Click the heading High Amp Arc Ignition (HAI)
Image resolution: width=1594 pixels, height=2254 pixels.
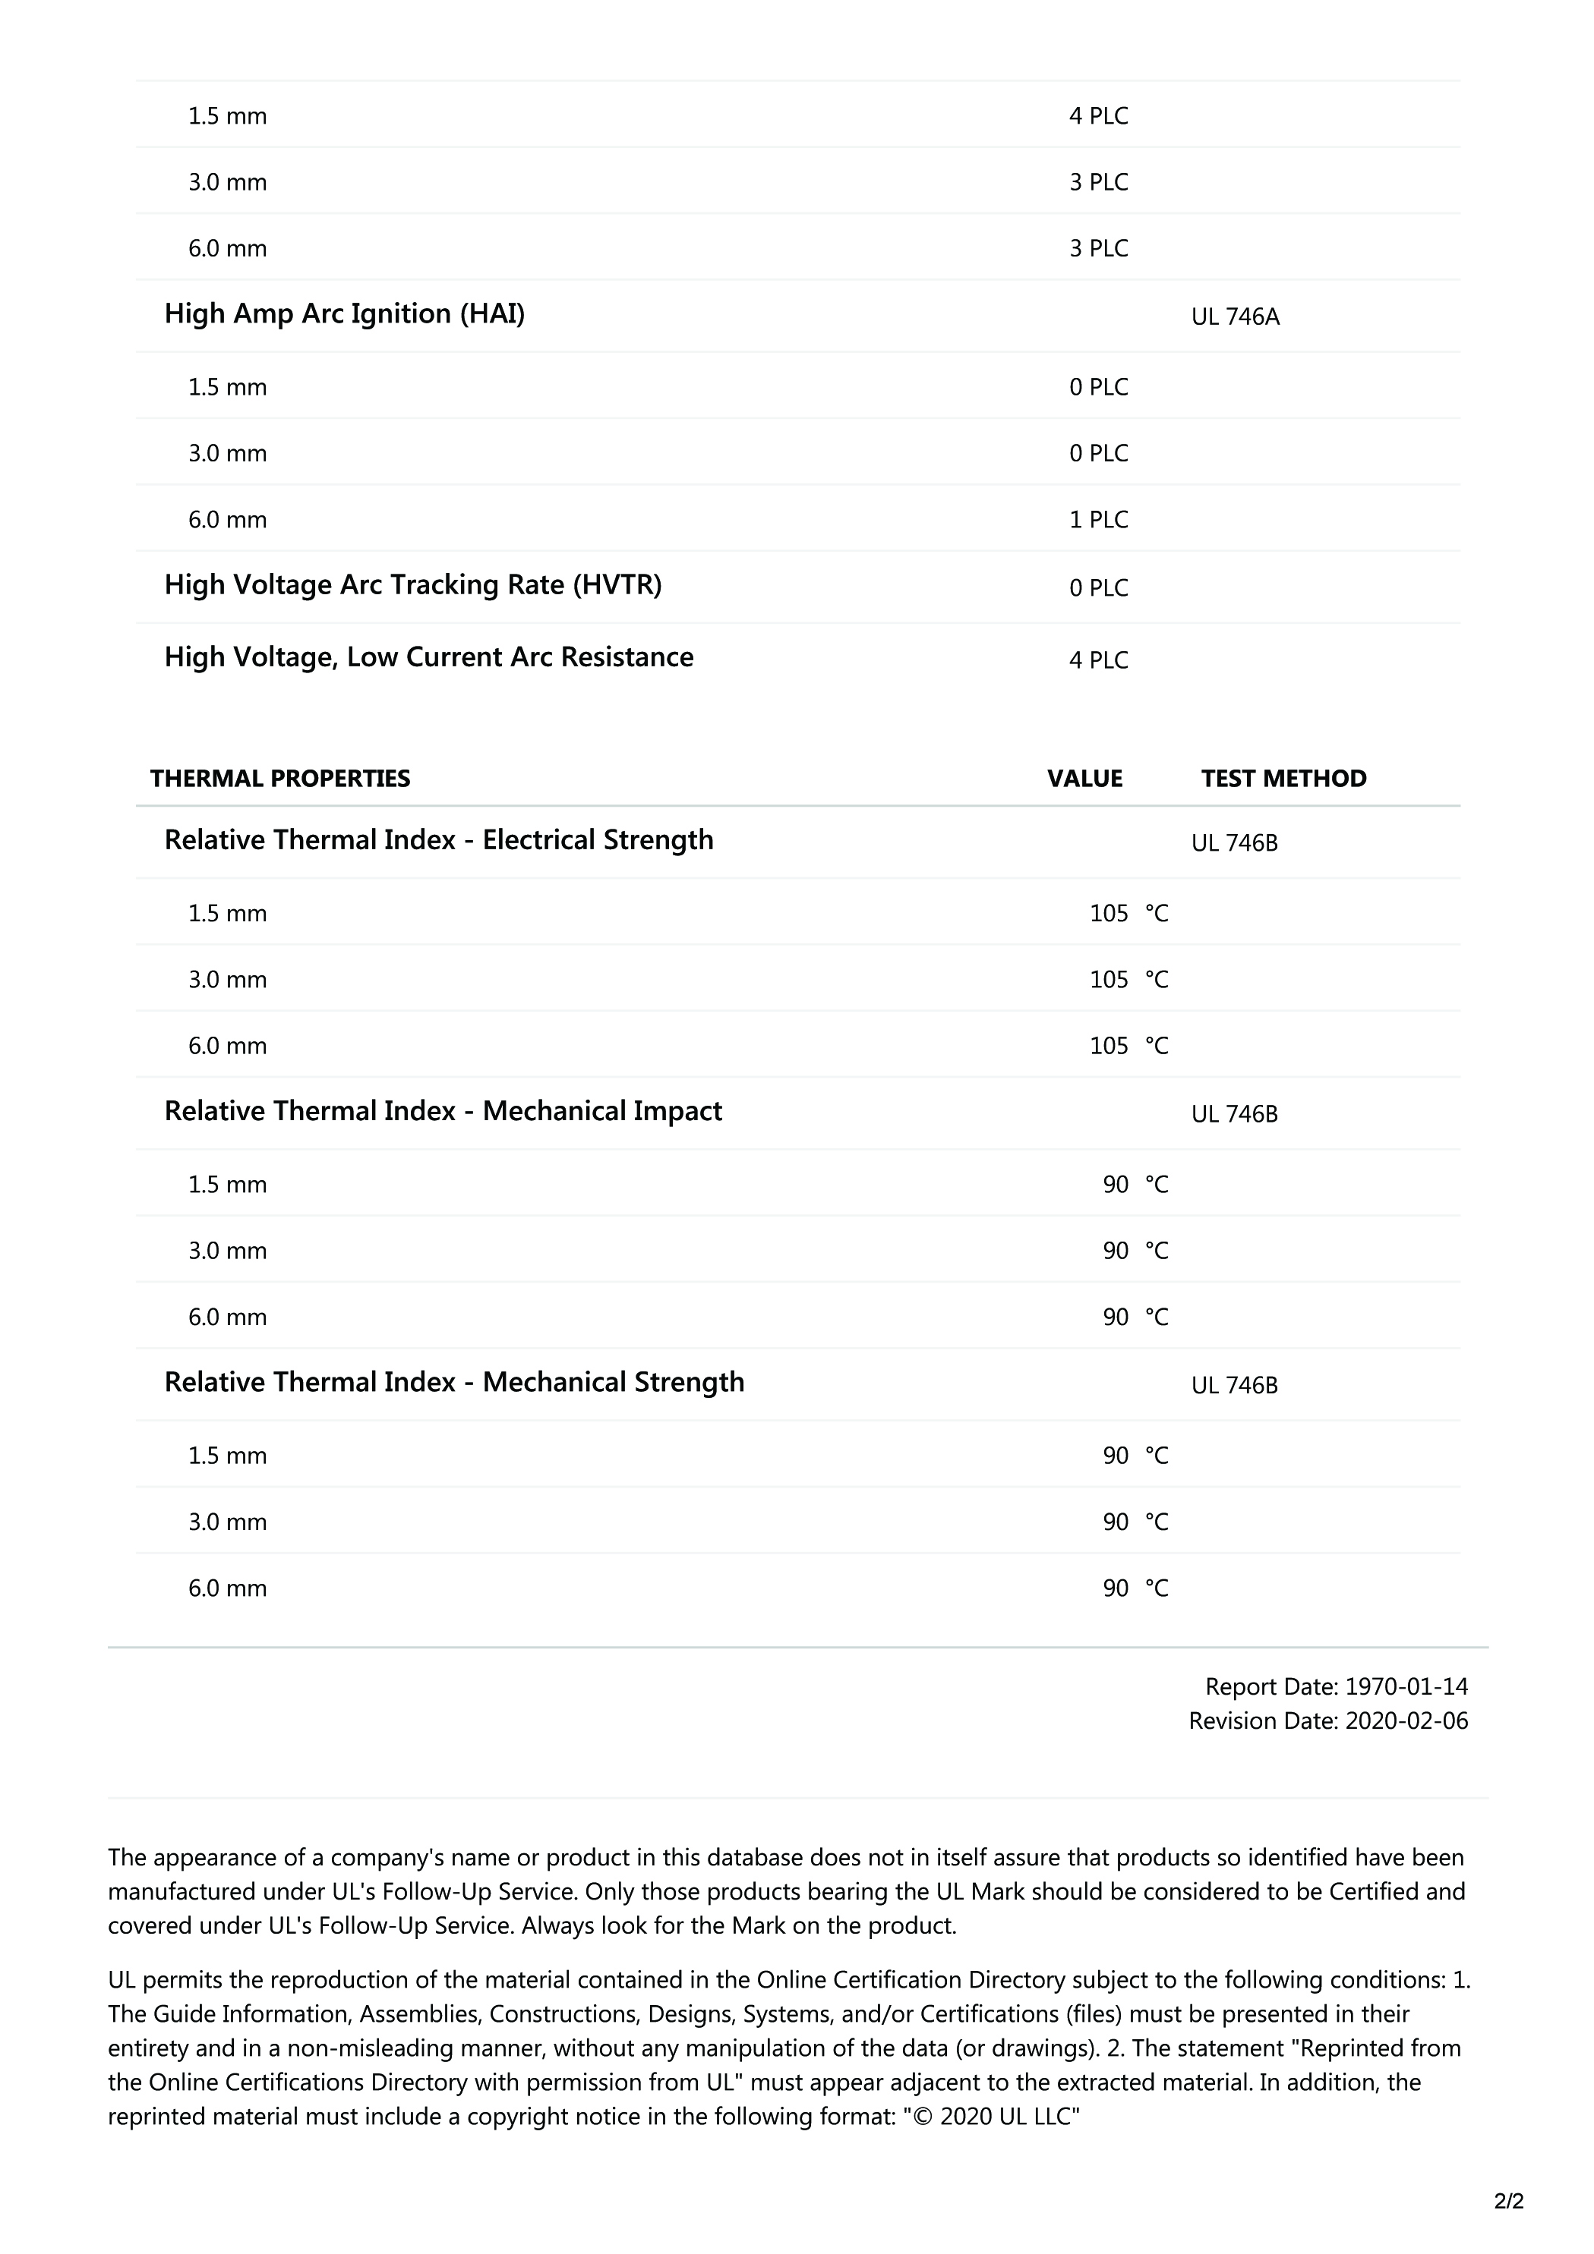344,314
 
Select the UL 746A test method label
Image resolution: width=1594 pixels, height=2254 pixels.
1235,317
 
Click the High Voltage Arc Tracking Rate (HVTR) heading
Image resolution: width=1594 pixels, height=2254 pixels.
412,585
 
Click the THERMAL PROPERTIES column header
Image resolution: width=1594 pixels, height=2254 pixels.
280,779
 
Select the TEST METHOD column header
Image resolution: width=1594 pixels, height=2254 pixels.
1283,779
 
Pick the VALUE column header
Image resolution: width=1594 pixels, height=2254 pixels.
1084,779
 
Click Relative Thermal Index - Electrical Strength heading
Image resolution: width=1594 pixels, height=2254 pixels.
438,840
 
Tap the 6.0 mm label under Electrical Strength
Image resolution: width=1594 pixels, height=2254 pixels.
227,1046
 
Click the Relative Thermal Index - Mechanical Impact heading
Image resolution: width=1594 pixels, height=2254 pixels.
442,1111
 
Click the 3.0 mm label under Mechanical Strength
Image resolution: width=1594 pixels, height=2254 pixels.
227,1522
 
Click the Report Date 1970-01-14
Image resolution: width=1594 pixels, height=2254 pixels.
1336,1686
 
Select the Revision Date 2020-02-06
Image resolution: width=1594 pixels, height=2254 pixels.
1328,1721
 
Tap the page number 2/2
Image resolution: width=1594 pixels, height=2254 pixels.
1508,2201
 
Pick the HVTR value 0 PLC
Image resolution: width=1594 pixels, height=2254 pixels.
1098,588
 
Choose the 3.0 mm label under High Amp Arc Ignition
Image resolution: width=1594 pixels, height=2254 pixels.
227,454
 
